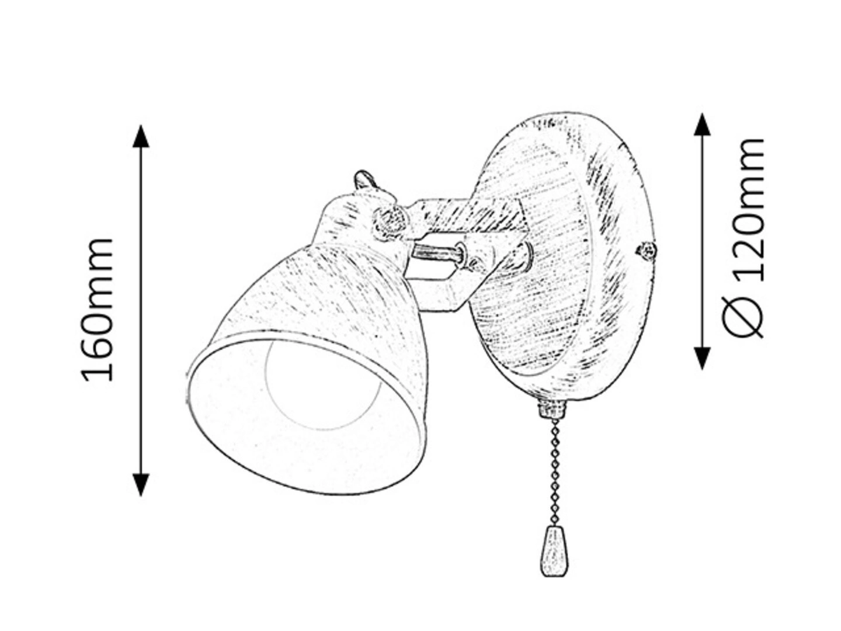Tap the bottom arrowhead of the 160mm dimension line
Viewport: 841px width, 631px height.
pyautogui.click(x=141, y=484)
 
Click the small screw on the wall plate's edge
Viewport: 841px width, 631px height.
pyautogui.click(x=646, y=250)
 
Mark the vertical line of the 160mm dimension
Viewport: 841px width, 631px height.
pyautogui.click(x=141, y=310)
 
